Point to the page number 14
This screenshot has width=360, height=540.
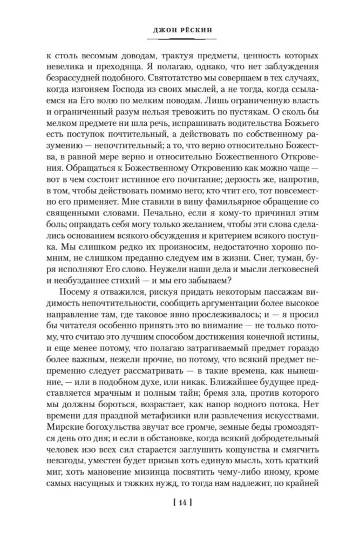179,503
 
